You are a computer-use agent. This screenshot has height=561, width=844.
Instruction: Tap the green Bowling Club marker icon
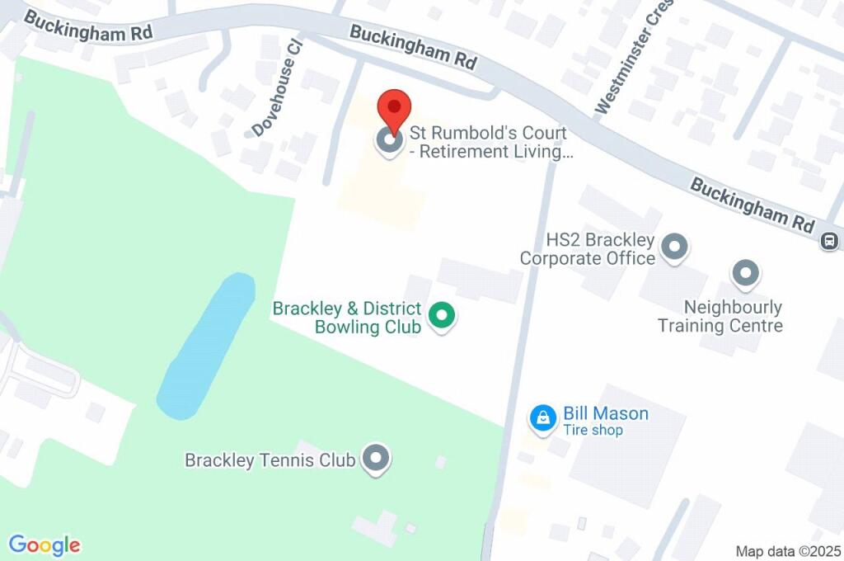pyautogui.click(x=443, y=316)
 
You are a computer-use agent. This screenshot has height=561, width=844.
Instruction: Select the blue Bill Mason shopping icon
pyautogui.click(x=543, y=418)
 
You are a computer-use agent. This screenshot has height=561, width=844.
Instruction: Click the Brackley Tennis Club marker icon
pyautogui.click(x=376, y=459)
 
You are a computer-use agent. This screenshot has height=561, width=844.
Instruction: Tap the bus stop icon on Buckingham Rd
pyautogui.click(x=829, y=242)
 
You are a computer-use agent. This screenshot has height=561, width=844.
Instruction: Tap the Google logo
pyautogui.click(x=45, y=545)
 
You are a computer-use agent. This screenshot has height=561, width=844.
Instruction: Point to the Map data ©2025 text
pyautogui.click(x=788, y=550)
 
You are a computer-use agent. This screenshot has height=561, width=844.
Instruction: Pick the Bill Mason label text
pyautogui.click(x=605, y=413)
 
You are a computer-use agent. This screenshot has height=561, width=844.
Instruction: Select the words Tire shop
pyautogui.click(x=593, y=431)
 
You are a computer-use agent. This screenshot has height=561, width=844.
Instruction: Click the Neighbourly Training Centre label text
pyautogui.click(x=720, y=317)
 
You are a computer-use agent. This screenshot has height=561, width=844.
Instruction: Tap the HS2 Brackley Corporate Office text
pyautogui.click(x=587, y=249)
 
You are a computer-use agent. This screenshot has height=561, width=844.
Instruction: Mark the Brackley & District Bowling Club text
pyautogui.click(x=347, y=318)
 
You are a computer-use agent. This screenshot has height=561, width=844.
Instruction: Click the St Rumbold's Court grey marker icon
pyautogui.click(x=390, y=141)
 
